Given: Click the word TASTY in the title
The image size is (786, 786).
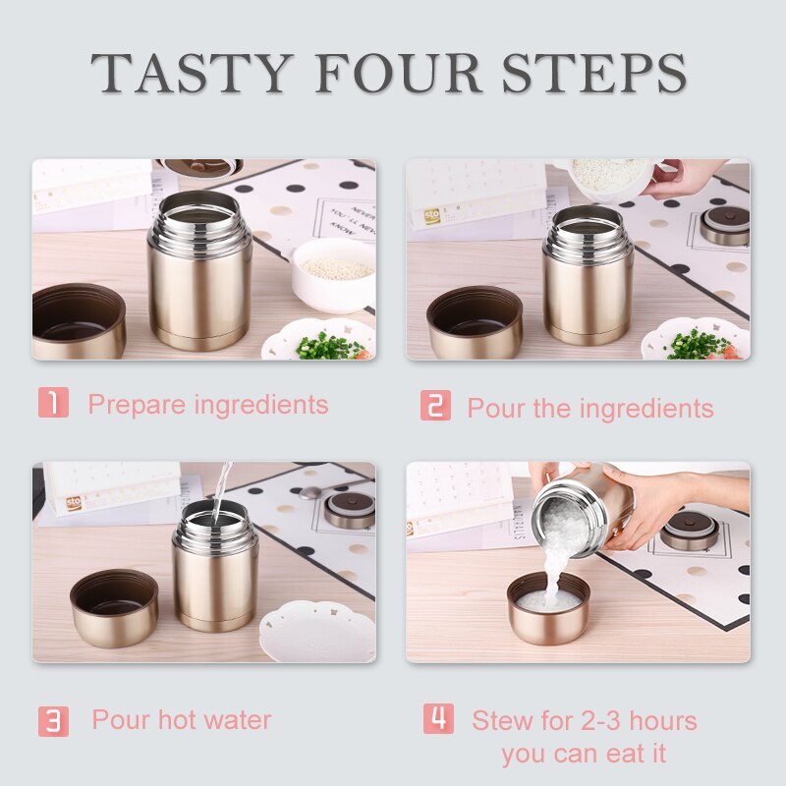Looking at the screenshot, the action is click(192, 73).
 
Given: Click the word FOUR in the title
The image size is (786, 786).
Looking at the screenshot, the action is click(399, 73).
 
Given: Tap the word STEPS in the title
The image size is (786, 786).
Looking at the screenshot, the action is click(594, 73).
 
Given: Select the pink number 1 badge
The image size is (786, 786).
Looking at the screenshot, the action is click(53, 402).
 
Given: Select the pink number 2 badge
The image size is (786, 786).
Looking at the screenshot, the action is click(435, 405).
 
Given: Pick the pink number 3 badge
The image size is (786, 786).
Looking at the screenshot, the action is click(53, 721).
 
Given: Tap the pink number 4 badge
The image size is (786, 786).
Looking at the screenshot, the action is click(438, 718).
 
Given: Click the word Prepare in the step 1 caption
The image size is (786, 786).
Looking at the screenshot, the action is click(137, 405).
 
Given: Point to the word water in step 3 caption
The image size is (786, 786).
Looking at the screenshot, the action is click(238, 720).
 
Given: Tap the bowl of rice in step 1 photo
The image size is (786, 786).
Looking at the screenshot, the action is click(334, 275).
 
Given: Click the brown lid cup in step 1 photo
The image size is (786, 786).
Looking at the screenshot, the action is click(79, 321).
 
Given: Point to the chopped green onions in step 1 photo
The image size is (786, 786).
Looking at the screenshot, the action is click(331, 347).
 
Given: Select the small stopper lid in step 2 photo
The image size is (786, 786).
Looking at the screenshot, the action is click(724, 226).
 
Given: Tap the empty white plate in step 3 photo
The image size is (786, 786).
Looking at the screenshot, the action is click(317, 632).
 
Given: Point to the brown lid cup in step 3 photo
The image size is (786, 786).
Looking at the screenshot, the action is click(115, 607).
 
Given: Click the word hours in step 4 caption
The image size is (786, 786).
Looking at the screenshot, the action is click(663, 721).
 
